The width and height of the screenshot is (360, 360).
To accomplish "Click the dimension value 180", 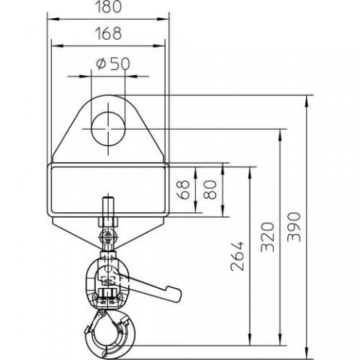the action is [x=108, y=7].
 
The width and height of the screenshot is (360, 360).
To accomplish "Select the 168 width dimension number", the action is [x=109, y=33].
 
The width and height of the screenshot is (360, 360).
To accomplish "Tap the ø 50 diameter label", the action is [x=113, y=64].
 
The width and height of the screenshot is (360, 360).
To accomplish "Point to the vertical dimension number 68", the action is [x=184, y=190].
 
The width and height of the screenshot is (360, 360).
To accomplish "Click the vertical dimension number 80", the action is [x=209, y=190].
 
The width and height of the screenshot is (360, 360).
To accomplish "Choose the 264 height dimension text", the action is [x=237, y=256].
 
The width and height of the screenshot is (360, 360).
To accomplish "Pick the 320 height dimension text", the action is [x=268, y=236].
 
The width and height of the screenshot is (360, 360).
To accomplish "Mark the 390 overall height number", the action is [x=294, y=227].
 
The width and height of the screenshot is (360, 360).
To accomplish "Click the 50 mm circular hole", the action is [x=108, y=129].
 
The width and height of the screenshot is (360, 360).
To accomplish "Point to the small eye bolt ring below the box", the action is [x=108, y=235].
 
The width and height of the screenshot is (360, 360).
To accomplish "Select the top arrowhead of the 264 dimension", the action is [x=250, y=173].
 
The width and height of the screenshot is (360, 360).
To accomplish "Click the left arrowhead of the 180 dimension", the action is [x=53, y=19].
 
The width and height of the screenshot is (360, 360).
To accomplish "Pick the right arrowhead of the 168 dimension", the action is [x=159, y=46].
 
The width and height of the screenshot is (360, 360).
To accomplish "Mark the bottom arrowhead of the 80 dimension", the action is [x=223, y=211].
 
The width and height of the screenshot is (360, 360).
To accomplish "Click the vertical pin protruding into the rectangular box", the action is [x=108, y=208].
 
